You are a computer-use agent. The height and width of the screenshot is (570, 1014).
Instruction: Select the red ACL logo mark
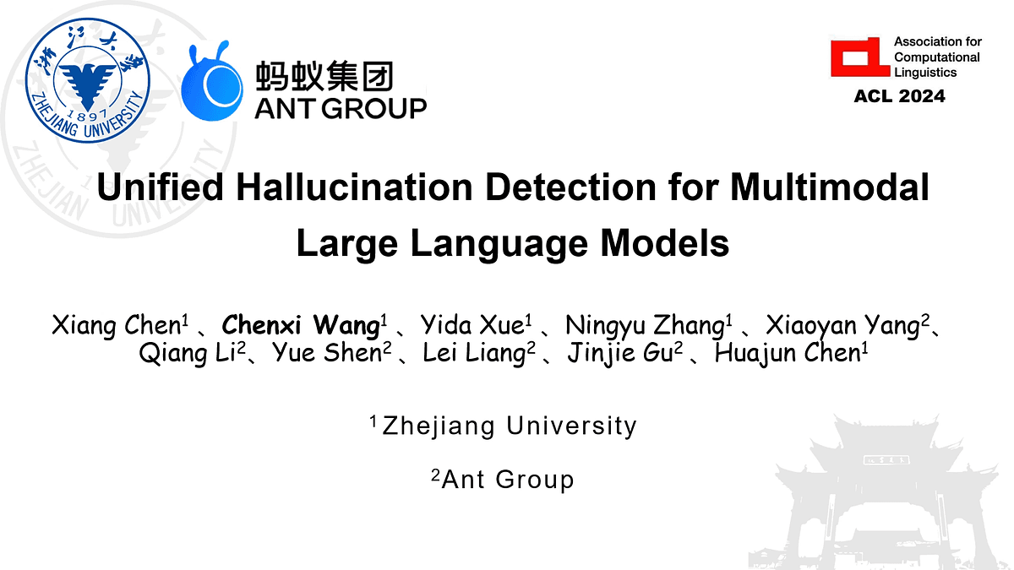tap(860, 57)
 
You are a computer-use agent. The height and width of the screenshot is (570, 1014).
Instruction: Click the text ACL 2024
tap(899, 96)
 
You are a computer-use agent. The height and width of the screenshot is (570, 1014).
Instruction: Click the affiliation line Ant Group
tap(507, 480)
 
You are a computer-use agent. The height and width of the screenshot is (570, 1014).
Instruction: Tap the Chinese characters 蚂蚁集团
tap(324, 78)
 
